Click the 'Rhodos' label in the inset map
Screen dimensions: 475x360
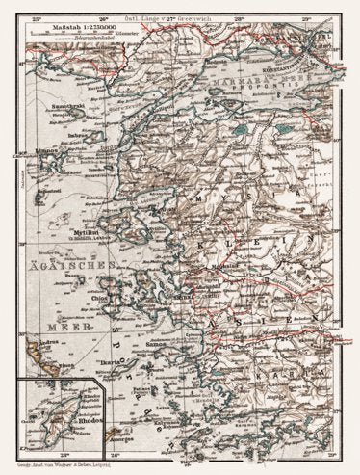tap(69, 431)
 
